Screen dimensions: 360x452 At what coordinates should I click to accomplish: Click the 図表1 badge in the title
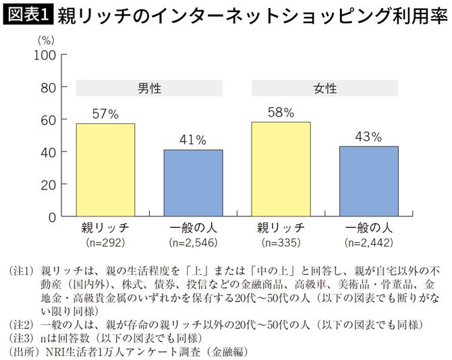pos(28,14)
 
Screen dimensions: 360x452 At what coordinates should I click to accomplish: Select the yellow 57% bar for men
pos(105,171)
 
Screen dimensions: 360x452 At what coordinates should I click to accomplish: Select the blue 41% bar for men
pos(193,183)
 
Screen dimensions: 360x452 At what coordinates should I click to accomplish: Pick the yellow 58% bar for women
pos(281,170)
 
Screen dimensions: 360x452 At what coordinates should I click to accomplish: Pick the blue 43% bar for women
pos(368,182)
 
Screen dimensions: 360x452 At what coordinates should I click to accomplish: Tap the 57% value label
pos(105,115)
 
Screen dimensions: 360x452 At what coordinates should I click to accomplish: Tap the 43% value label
pos(368,137)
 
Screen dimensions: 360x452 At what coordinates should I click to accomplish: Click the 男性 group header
pos(149,88)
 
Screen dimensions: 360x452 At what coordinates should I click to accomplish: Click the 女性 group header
pos(324,88)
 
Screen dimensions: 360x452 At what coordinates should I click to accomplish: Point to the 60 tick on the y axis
pos(48,119)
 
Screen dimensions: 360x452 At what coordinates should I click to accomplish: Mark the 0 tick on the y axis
pos(51,218)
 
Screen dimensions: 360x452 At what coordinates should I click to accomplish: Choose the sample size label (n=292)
pos(105,241)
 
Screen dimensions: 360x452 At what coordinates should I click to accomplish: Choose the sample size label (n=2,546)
pos(193,241)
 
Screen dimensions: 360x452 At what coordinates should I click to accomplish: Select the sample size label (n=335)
pos(281,241)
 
